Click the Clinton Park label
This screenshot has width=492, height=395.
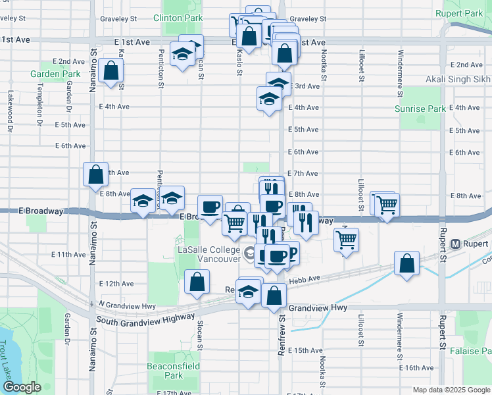pos(178,18)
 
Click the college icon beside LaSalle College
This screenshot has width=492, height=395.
pos(250,252)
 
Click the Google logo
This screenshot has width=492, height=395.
pos(22,387)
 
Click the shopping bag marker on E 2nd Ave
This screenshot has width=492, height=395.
pos(112,70)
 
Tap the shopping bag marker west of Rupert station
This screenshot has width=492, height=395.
pos(407,263)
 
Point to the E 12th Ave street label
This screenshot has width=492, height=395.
pos(116,284)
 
